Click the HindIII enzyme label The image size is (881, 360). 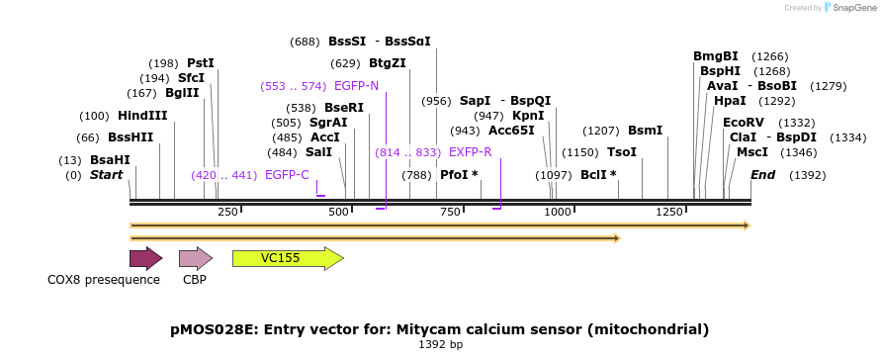point(142,116)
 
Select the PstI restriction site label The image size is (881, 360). point(201,63)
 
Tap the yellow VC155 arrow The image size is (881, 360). point(289,258)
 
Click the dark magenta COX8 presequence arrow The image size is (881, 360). point(146,258)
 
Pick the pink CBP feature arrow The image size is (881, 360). point(196,258)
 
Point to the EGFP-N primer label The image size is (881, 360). point(356,86)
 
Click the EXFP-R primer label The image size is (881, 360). point(471,151)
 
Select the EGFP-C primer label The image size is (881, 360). point(287,175)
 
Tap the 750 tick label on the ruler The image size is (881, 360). point(449,212)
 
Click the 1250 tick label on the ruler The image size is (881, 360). point(668,212)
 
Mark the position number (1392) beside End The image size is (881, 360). point(808,175)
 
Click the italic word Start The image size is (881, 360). point(106,175)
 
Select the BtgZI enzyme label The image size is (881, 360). point(388,63)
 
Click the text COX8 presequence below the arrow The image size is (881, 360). point(104,280)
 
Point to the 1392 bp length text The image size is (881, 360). point(441,344)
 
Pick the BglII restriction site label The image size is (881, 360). point(182,93)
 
